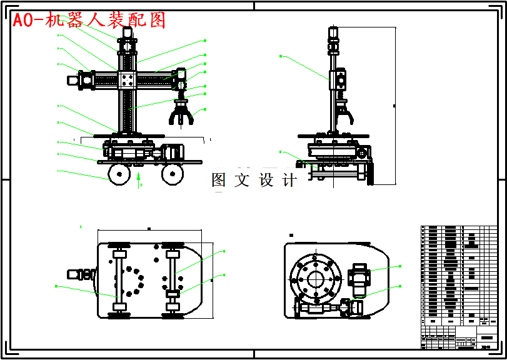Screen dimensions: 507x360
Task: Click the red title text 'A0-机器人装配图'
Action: [89, 20]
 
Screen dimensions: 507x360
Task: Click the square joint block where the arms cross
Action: [128, 80]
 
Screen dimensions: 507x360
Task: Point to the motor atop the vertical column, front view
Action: [126, 45]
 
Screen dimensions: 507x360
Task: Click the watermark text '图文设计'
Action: [254, 181]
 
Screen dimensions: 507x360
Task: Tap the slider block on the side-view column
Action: [338, 79]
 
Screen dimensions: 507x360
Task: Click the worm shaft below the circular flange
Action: [319, 309]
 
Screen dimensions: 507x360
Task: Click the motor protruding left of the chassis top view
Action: [80, 273]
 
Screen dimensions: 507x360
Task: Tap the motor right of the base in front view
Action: [171, 151]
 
